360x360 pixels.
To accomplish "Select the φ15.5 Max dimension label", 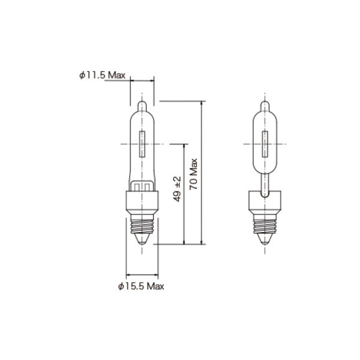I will [140, 285].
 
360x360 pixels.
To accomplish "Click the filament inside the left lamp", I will [143, 145].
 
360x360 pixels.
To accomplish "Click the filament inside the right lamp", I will [264, 145].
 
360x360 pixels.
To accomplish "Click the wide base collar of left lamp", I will [143, 200].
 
